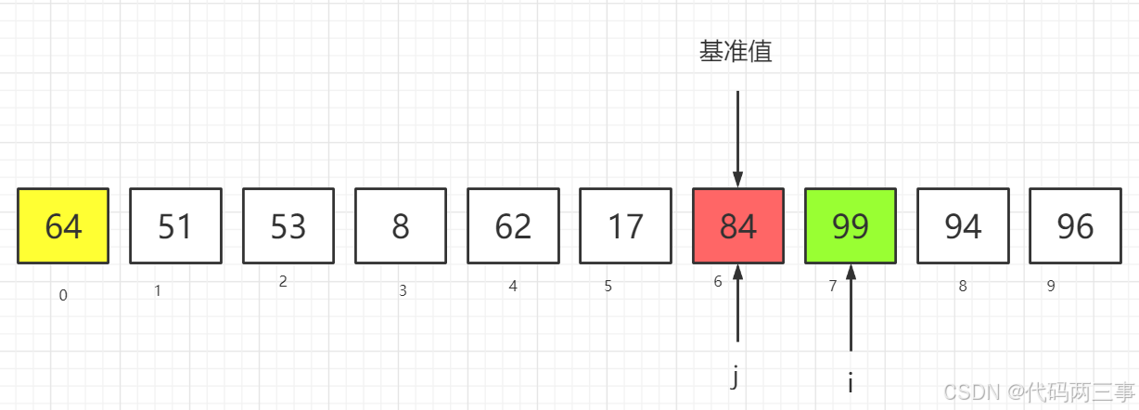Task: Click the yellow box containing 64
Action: pyautogui.click(x=63, y=226)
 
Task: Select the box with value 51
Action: pyautogui.click(x=175, y=226)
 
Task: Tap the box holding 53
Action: pyautogui.click(x=288, y=226)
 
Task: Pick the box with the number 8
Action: pyautogui.click(x=401, y=226)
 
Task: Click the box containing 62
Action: pyautogui.click(x=513, y=226)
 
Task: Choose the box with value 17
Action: pyautogui.click(x=625, y=226)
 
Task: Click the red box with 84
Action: pyautogui.click(x=738, y=226)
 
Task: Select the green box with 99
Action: pyautogui.click(x=851, y=226)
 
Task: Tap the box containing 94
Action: pyautogui.click(x=963, y=226)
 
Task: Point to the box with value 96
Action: pyautogui.click(x=1075, y=226)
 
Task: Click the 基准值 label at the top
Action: pyautogui.click(x=736, y=52)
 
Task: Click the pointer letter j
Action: pyautogui.click(x=735, y=378)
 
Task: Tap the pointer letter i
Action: pyautogui.click(x=850, y=382)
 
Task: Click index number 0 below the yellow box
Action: pyautogui.click(x=63, y=296)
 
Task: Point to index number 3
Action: pyautogui.click(x=403, y=291)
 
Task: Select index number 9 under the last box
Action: pyautogui.click(x=1051, y=287)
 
